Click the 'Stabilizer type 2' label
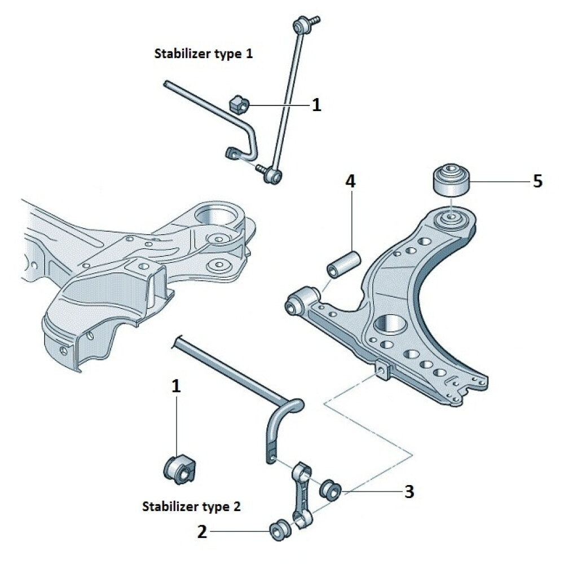tap(192, 506)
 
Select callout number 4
tap(350, 182)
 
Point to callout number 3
tap(409, 491)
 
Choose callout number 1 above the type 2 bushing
tap(177, 386)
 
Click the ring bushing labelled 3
tap(330, 488)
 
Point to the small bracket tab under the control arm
tap(383, 369)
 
